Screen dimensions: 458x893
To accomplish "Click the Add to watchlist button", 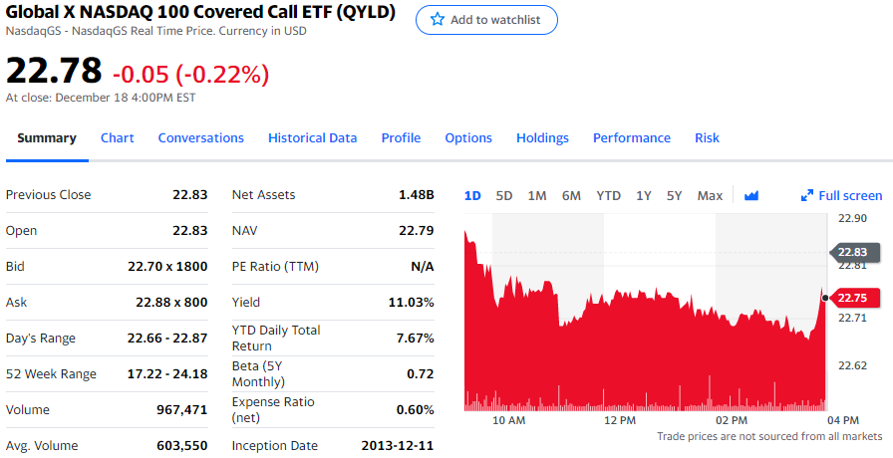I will (486, 20).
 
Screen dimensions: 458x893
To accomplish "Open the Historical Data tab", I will (312, 138).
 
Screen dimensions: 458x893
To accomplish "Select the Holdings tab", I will (542, 138).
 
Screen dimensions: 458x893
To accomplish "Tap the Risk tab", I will (707, 138).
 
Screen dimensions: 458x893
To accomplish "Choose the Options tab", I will (468, 138).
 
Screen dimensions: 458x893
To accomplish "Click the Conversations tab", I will (200, 138).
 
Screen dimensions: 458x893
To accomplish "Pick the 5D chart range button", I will (504, 196).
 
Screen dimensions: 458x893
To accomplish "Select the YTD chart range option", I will (608, 196).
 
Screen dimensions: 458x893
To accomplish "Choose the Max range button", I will (710, 196).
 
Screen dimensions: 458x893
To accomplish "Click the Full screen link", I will (842, 196).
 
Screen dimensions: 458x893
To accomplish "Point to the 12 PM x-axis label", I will (620, 421).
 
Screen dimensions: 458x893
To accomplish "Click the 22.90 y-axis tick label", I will (852, 218).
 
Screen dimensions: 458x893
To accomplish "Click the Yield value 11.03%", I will (411, 303).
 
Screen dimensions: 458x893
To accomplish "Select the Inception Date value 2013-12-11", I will (397, 446).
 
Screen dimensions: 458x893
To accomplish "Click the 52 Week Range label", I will (51, 374).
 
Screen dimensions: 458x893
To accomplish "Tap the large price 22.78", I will (54, 71).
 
